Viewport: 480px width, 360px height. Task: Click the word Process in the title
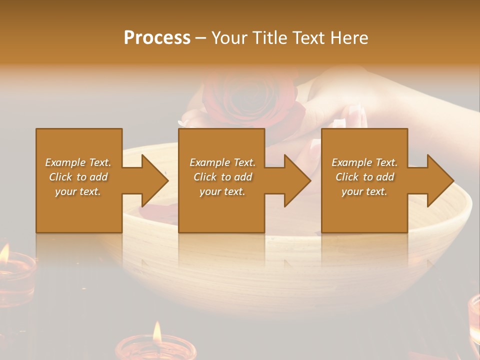tap(157, 38)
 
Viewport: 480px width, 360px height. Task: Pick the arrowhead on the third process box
tap(437, 180)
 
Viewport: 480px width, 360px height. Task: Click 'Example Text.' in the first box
tap(78, 162)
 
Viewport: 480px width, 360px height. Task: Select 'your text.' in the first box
tap(78, 191)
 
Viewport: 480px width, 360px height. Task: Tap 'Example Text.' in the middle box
tap(222, 162)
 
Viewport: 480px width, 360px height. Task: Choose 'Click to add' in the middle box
tap(222, 177)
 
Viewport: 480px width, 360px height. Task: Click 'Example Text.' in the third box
tap(364, 162)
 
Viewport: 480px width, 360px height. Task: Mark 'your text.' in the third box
tap(364, 191)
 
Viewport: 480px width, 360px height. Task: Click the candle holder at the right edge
tap(473, 315)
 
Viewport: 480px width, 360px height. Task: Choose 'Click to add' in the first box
tap(78, 177)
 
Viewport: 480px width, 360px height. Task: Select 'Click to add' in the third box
tap(364, 177)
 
